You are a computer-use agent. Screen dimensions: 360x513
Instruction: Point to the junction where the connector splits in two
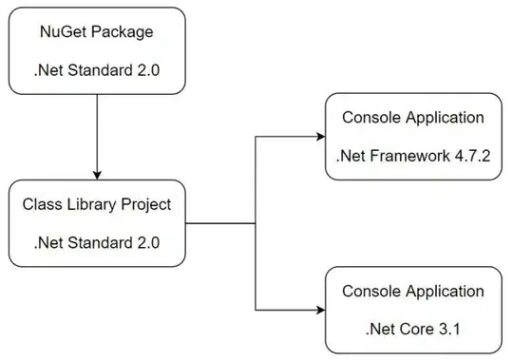pos(256,224)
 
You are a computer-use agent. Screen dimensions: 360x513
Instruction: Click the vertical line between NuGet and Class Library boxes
pos(97,133)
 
